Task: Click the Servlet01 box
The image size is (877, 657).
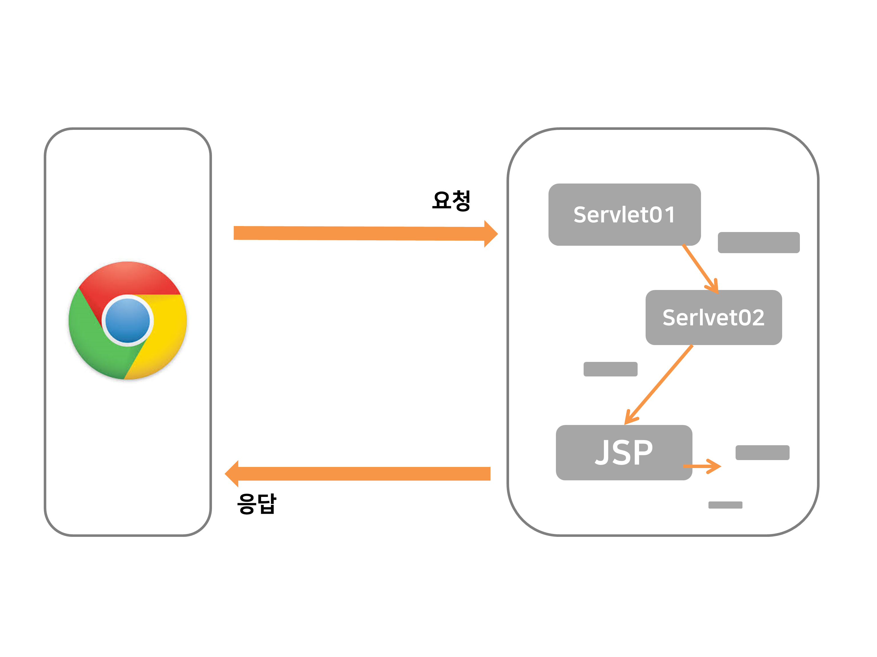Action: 624,214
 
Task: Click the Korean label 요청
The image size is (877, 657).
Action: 451,200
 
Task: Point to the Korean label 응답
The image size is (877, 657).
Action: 257,504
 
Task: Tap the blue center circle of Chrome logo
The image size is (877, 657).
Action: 128,321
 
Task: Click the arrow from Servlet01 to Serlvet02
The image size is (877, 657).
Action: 700,269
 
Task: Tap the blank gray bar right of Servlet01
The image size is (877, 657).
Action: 758,242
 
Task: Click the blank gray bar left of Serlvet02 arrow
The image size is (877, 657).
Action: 610,369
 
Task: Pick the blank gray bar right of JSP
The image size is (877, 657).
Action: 762,452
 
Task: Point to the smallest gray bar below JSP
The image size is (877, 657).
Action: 725,505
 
